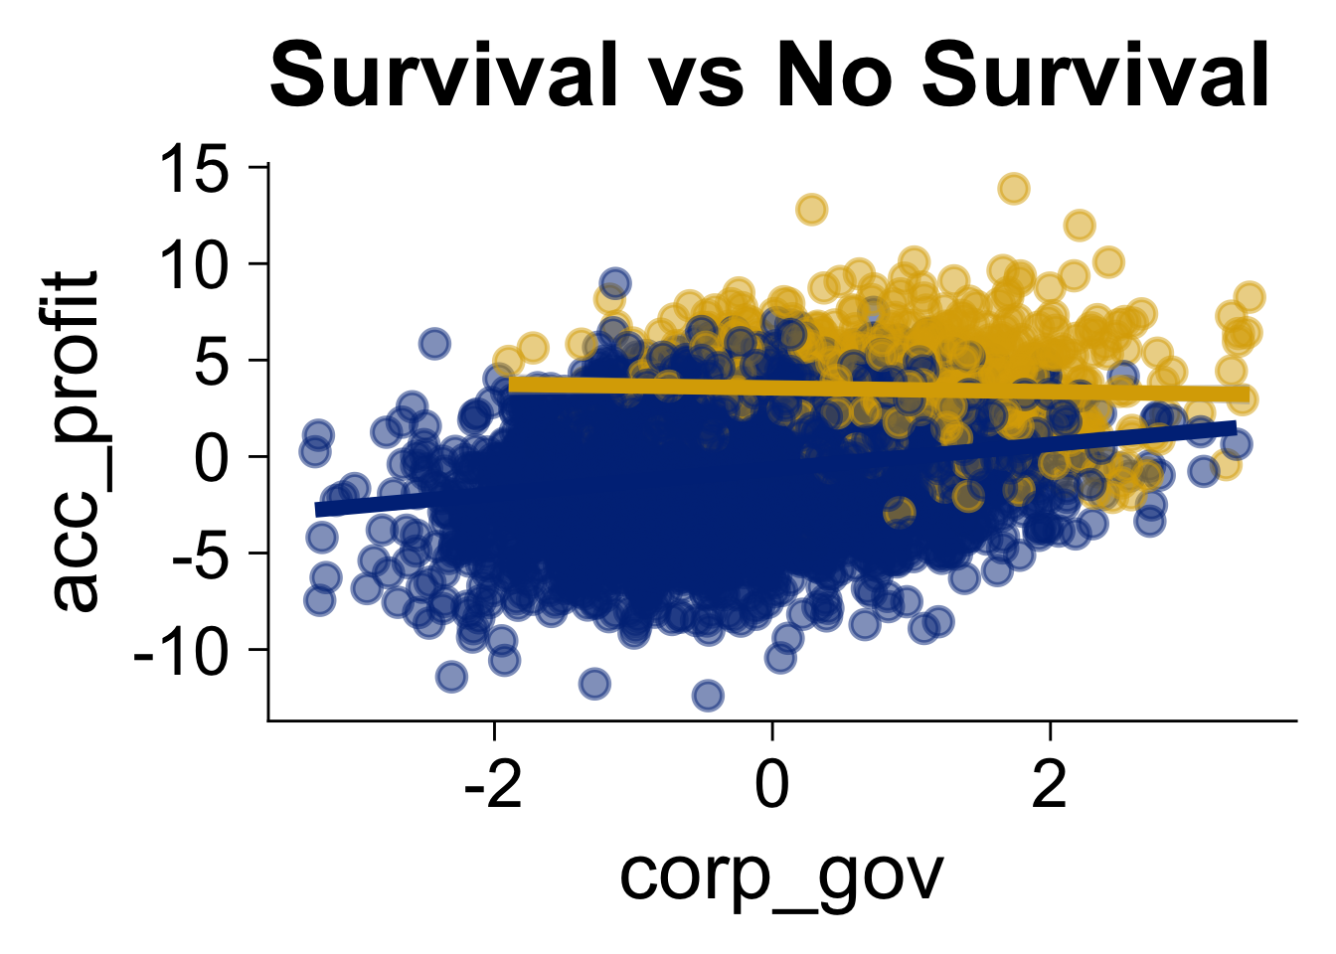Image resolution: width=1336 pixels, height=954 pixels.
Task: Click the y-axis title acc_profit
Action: tap(78, 440)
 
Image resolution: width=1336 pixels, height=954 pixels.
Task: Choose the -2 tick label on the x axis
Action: tap(494, 785)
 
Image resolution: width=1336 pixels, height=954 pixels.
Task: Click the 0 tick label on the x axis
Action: tap(772, 785)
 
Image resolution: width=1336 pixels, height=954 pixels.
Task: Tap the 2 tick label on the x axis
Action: tap(1050, 785)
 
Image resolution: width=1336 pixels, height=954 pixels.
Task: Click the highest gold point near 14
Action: tap(1014, 188)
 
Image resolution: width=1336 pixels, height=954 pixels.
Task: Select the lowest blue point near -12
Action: tap(708, 696)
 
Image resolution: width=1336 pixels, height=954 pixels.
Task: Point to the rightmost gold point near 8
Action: tap(1250, 296)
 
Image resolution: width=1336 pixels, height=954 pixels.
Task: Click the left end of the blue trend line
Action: tap(318, 510)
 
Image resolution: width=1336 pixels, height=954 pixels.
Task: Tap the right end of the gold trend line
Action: tap(1247, 395)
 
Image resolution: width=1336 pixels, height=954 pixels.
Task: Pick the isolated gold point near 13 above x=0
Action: tap(812, 210)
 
